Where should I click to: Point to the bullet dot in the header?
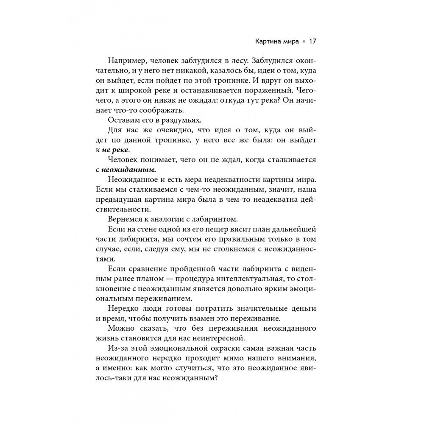pyautogui.click(x=303, y=42)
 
